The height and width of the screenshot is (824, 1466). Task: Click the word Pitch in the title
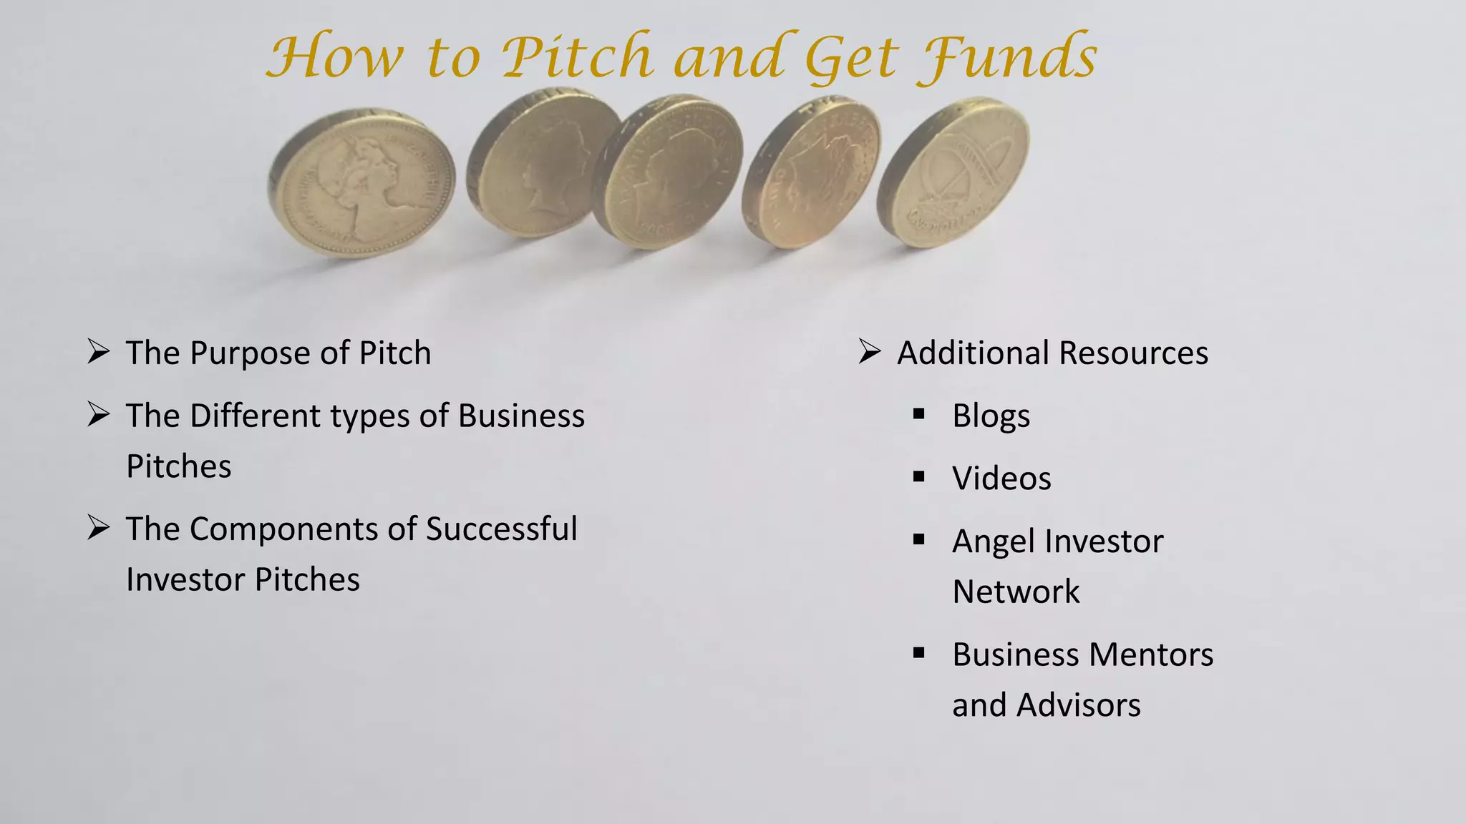click(x=577, y=57)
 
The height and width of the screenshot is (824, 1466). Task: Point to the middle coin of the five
click(x=670, y=175)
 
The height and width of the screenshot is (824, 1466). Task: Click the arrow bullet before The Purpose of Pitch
click(x=98, y=352)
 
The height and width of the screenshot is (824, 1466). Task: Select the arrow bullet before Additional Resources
click(x=869, y=352)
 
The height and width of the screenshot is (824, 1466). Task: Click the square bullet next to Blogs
click(x=919, y=413)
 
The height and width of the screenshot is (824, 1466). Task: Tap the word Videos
click(x=1001, y=479)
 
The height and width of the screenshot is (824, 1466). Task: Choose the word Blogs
click(x=991, y=416)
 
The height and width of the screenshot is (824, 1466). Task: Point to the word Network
click(x=1016, y=592)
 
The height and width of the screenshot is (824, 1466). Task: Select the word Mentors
click(x=1151, y=654)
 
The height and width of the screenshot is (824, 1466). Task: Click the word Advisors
click(x=1078, y=705)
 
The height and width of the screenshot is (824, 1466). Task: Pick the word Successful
click(x=501, y=529)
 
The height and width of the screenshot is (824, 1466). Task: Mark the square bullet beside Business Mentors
click(x=919, y=652)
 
